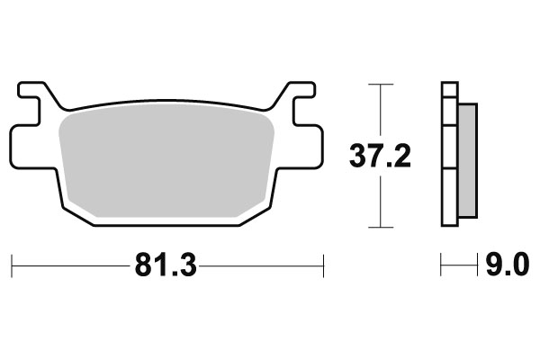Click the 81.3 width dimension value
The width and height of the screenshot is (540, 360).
167,265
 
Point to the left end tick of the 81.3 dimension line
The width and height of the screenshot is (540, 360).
12,265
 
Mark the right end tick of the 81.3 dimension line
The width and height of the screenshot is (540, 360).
322,265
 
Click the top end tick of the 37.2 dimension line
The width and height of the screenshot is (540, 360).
382,85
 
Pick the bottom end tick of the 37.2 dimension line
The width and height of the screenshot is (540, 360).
382,226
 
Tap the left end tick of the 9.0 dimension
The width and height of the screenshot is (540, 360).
441,265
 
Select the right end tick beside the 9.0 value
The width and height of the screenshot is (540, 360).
476,265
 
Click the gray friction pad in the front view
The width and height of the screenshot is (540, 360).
166,157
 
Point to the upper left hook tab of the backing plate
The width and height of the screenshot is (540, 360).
33,93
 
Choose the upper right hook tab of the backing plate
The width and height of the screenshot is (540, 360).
300,93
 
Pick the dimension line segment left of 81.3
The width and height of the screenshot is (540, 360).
72,265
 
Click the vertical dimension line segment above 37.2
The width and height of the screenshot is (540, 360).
382,112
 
